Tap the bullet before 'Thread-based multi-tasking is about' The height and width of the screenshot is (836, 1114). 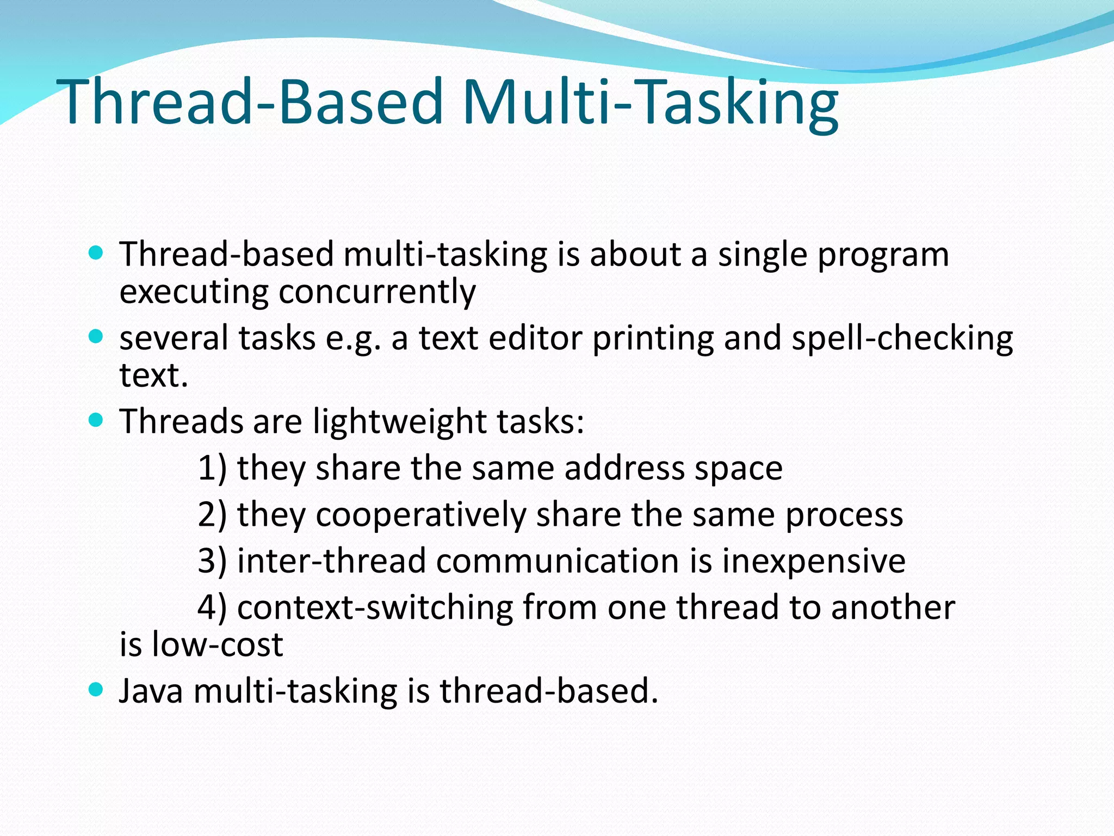[x=96, y=254]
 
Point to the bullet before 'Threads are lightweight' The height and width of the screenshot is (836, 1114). [x=96, y=421]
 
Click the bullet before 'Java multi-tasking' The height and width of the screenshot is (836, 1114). [x=96, y=690]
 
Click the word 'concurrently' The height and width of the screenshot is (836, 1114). [x=377, y=292]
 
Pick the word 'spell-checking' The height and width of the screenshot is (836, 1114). [x=902, y=339]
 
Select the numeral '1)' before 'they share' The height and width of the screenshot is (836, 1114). [x=212, y=468]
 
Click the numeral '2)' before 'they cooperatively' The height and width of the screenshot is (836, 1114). [x=212, y=514]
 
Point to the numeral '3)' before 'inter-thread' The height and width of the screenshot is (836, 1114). [x=212, y=561]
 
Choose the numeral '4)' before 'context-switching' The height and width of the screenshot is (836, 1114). [x=212, y=607]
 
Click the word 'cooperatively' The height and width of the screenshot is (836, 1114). [x=421, y=515]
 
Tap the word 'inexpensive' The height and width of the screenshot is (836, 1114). [x=814, y=561]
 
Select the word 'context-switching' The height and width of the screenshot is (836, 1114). [x=375, y=607]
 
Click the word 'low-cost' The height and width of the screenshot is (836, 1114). [x=218, y=644]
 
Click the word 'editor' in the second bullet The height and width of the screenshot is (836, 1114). [x=535, y=339]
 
